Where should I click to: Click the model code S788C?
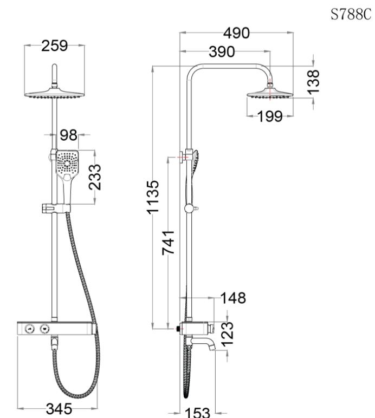click(x=350, y=15)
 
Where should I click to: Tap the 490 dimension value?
click(x=237, y=34)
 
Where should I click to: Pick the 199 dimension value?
click(x=270, y=116)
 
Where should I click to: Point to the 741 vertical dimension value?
click(x=169, y=244)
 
